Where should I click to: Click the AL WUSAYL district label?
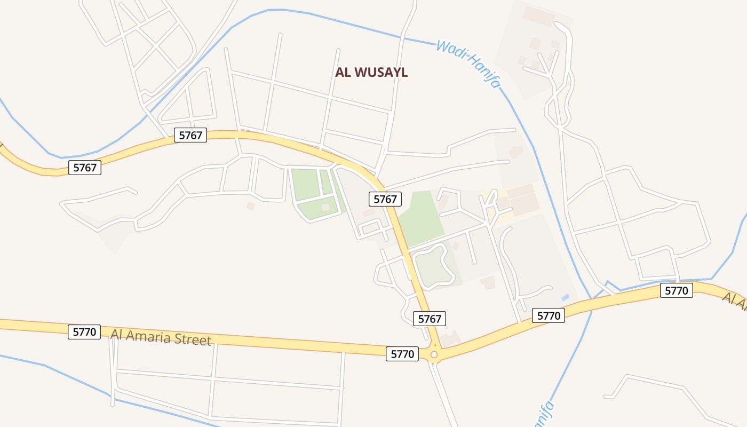point(371,73)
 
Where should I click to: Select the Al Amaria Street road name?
point(161,337)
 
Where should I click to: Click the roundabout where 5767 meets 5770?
point(434,354)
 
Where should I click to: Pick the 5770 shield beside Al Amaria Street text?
point(84,332)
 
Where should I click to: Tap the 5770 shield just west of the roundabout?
point(402,354)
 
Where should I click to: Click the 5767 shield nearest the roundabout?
point(430,319)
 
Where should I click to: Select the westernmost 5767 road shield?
point(85,168)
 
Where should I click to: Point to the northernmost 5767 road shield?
point(190,135)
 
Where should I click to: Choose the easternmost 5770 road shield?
point(677,290)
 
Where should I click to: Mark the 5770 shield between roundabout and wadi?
point(548,315)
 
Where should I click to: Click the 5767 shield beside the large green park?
point(385,199)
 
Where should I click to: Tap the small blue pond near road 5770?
point(566,297)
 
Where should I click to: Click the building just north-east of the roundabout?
point(451,338)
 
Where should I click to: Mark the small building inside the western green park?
point(325,207)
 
